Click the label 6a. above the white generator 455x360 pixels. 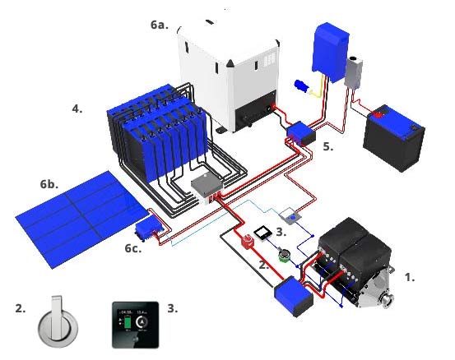pyautogui.click(x=160, y=25)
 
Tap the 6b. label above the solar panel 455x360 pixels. pyautogui.click(x=49, y=184)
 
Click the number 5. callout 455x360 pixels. pyautogui.click(x=328, y=146)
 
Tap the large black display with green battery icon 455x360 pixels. pyautogui.click(x=134, y=326)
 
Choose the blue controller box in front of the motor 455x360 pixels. pyautogui.click(x=295, y=293)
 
